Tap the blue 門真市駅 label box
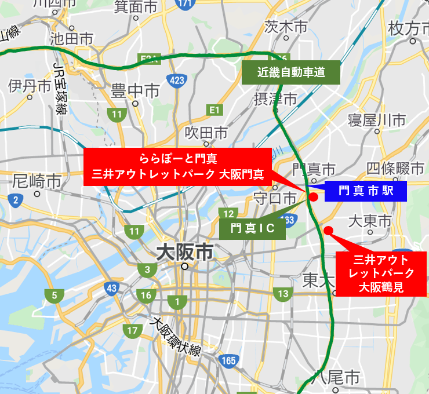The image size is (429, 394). (365, 191)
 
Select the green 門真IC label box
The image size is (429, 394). (253, 228)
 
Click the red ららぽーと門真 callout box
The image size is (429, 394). (177, 166)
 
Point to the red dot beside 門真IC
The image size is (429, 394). (313, 197)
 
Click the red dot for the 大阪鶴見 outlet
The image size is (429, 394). (328, 231)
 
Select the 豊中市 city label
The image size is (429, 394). (136, 91)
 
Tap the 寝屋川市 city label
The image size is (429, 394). (377, 120)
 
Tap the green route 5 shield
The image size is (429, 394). (54, 296)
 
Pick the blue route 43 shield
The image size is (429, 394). (112, 288)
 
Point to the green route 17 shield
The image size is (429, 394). (133, 331)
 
